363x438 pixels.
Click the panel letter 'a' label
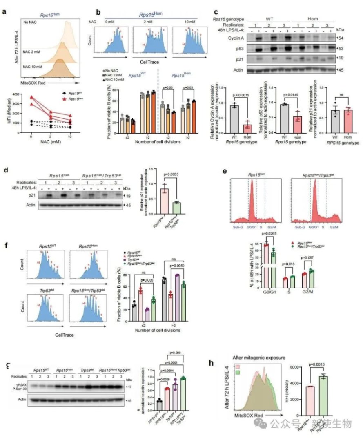pyautogui.click(x=4, y=12)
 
